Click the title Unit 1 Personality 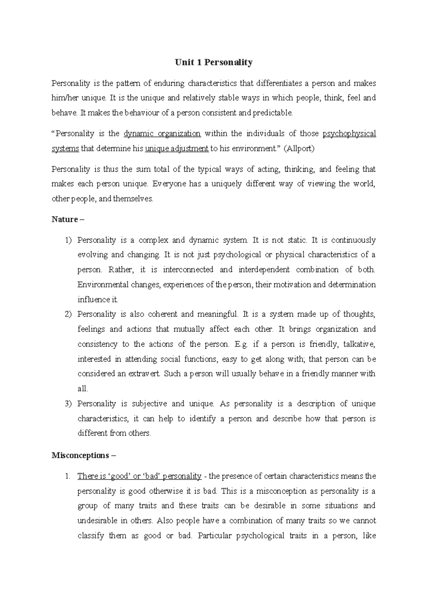click(x=214, y=62)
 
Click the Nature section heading click(x=68, y=219)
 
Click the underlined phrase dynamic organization click(x=162, y=134)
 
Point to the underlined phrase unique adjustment click(x=177, y=149)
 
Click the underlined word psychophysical click(x=349, y=134)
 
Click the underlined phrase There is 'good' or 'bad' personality click(x=139, y=476)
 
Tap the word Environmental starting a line click(x=103, y=285)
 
